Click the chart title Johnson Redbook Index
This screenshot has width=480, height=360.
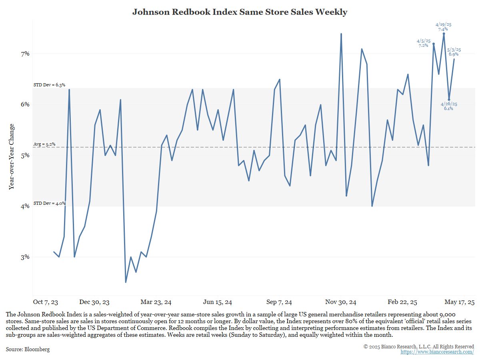(240, 12)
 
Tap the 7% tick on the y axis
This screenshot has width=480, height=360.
(24, 54)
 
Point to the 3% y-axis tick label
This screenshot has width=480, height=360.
(24, 257)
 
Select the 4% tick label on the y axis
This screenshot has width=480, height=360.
(24, 206)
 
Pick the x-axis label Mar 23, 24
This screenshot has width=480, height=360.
(156, 302)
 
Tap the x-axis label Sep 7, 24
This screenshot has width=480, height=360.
(279, 302)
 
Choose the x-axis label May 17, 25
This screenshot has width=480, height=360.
(459, 302)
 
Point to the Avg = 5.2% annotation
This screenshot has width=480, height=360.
(44, 144)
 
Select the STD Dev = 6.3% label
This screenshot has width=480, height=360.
(49, 85)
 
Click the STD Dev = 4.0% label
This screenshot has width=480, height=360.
(49, 203)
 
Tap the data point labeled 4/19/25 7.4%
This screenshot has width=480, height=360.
(444, 34)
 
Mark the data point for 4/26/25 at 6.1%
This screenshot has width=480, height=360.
(449, 100)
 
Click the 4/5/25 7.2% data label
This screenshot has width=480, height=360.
(423, 43)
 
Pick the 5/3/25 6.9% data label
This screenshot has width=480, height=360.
(454, 52)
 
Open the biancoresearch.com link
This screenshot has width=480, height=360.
(437, 352)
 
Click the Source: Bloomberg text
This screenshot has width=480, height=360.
(28, 350)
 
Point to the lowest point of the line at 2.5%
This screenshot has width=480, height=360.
(126, 282)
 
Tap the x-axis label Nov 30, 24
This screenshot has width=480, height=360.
(341, 302)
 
